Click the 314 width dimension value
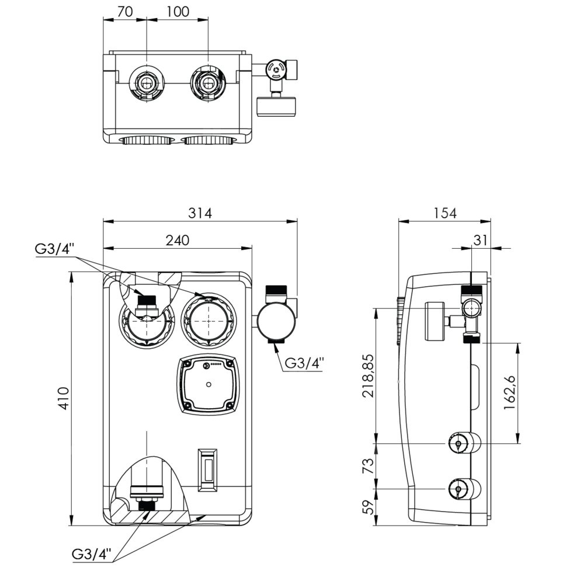[200, 213]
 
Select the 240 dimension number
[178, 240]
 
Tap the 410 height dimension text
[64, 399]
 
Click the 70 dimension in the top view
[124, 12]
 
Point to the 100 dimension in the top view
[178, 12]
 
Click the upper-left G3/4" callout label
[54, 249]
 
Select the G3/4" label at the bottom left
[91, 554]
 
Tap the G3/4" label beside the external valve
[304, 363]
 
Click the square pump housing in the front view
[208, 384]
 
